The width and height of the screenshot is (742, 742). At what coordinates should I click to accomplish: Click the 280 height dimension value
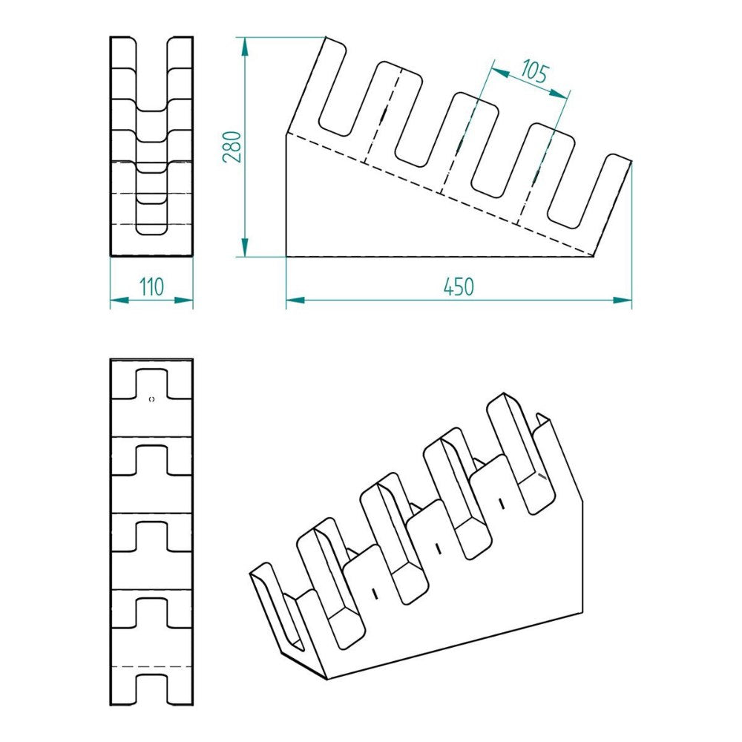tap(232, 147)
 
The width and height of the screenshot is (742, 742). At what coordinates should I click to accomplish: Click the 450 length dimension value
tap(459, 286)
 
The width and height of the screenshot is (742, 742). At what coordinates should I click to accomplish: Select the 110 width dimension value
tap(151, 286)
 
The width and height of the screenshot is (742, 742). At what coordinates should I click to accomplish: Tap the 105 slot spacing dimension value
tap(535, 71)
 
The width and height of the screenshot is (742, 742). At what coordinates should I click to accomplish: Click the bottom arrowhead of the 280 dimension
tap(245, 248)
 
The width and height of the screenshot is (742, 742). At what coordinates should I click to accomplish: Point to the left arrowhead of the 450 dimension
tap(295, 300)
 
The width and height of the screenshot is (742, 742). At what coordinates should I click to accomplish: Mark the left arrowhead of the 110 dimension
tap(119, 300)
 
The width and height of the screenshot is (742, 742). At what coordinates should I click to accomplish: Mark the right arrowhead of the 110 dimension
tap(183, 300)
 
